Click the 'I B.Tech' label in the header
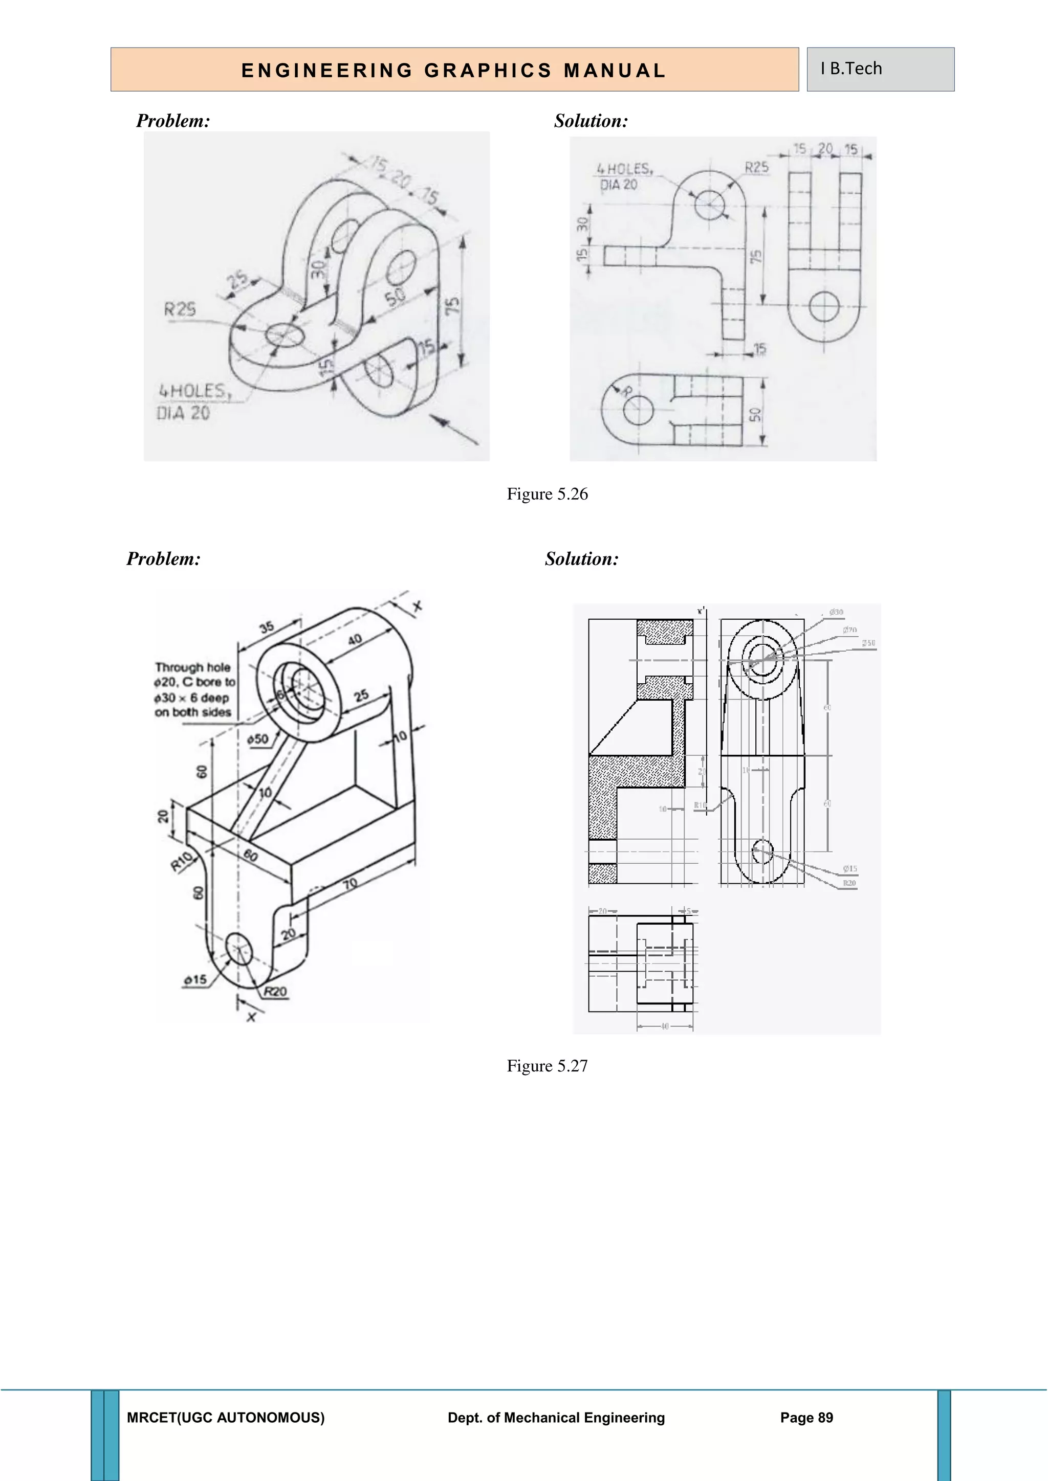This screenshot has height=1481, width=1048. (x=850, y=69)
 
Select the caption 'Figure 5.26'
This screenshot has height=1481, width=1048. (x=547, y=494)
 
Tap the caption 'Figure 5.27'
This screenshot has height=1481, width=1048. (x=547, y=1066)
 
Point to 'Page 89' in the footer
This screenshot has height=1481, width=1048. (x=806, y=1417)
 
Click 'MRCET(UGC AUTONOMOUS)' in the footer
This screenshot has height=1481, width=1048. (x=226, y=1417)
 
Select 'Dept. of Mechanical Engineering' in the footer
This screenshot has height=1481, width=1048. (x=556, y=1417)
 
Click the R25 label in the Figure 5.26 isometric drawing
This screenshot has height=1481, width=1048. (x=180, y=309)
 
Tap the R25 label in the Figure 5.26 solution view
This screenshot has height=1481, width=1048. (x=756, y=167)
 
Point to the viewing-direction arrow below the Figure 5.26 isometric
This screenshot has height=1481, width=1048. (x=454, y=429)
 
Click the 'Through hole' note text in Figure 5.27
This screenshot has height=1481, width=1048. (x=193, y=667)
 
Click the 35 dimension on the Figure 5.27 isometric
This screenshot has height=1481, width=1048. (x=267, y=626)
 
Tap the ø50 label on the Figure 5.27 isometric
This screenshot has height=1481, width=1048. (x=257, y=739)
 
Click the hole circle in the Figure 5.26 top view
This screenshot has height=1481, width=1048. (x=638, y=411)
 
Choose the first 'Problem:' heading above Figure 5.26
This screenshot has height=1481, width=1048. (x=173, y=121)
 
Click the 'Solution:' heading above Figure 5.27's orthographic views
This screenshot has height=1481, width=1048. (x=581, y=558)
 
